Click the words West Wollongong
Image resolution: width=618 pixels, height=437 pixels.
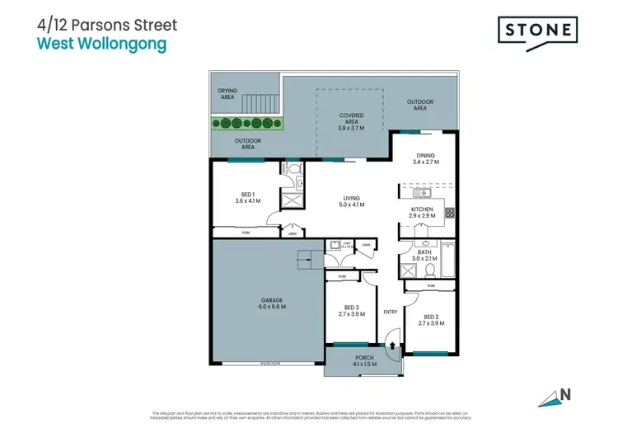[x=102, y=44]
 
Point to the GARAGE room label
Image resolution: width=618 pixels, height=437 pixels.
[x=273, y=302]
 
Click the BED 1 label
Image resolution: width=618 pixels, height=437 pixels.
[x=247, y=197]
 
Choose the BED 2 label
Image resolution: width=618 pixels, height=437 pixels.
[x=432, y=319]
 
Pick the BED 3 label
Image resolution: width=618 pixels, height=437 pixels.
[x=352, y=310]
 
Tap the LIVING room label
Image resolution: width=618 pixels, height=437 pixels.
[x=351, y=200]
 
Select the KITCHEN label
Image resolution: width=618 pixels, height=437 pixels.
[x=422, y=213]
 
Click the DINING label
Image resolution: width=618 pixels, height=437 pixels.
[x=425, y=158]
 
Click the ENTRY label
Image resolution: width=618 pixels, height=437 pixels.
[x=391, y=312]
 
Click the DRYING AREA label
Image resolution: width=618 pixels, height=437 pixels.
[x=227, y=94]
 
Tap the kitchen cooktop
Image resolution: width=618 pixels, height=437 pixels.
[x=450, y=213]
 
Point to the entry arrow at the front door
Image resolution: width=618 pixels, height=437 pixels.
[x=392, y=346]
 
